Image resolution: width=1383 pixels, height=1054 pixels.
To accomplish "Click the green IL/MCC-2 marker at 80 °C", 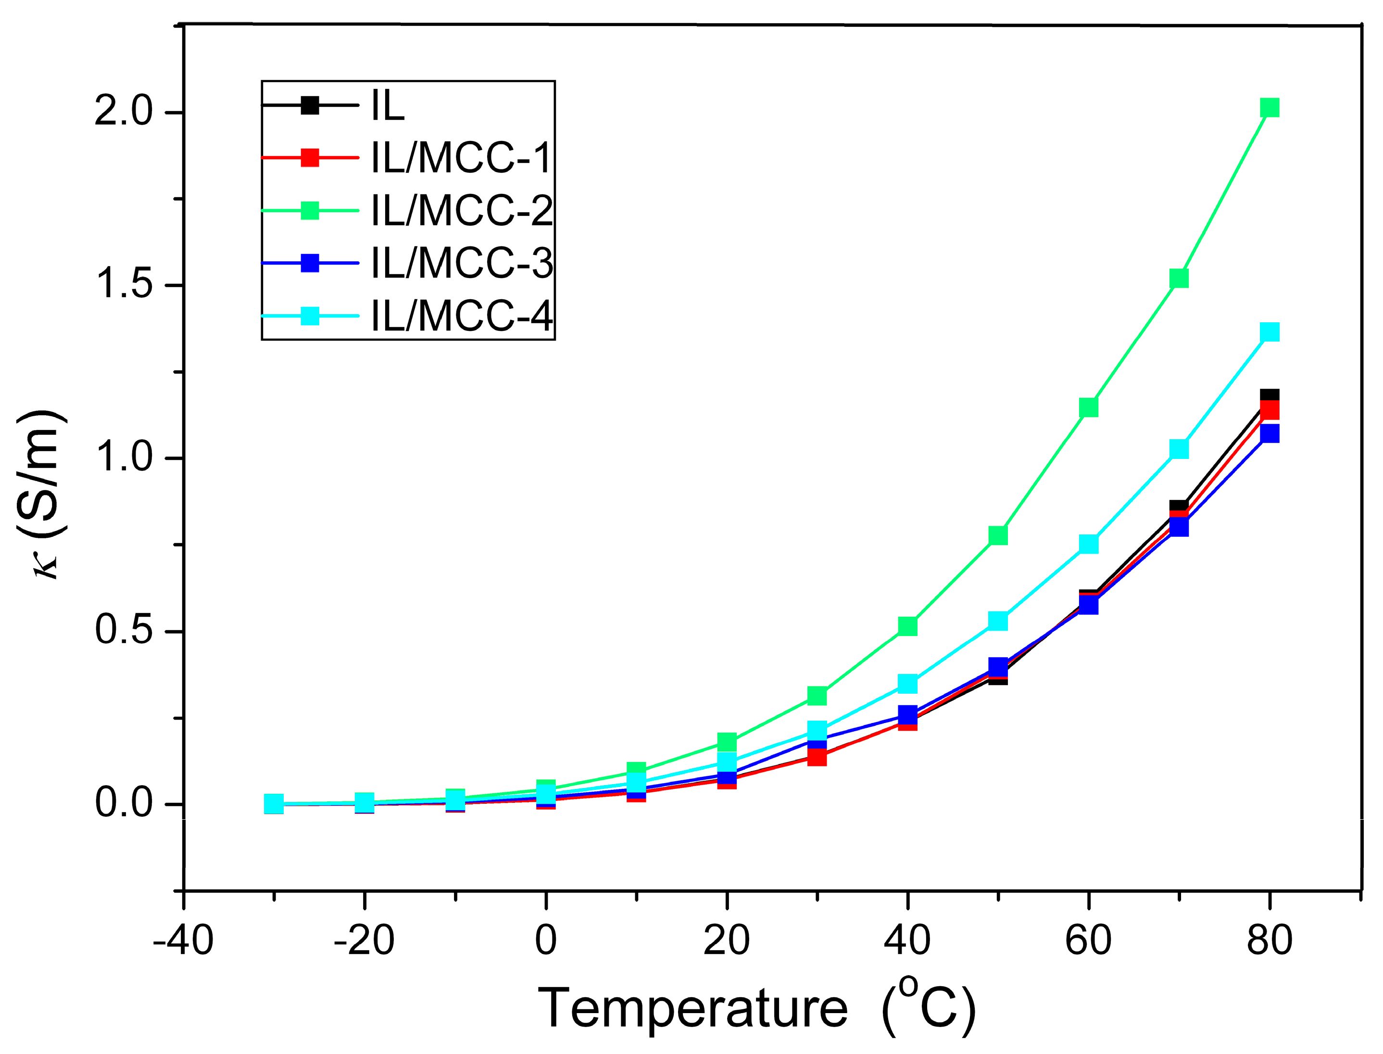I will click(x=1269, y=108).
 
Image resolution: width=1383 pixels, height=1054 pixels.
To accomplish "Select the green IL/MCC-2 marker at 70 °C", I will click(x=1179, y=278).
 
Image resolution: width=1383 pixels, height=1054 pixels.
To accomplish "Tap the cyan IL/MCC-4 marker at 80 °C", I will click(x=1269, y=332).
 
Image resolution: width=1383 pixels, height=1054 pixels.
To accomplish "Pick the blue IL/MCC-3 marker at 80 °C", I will click(x=1269, y=433).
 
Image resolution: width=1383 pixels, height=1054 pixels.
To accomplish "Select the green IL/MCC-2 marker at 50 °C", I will click(x=998, y=535).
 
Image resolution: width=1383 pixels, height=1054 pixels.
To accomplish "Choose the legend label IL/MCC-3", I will click(x=462, y=264).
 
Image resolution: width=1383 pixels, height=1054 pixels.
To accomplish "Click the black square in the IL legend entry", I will click(x=310, y=105).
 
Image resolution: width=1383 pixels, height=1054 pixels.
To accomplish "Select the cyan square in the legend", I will click(x=310, y=316).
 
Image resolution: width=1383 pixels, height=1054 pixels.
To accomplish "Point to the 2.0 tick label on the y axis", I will click(x=124, y=113).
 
